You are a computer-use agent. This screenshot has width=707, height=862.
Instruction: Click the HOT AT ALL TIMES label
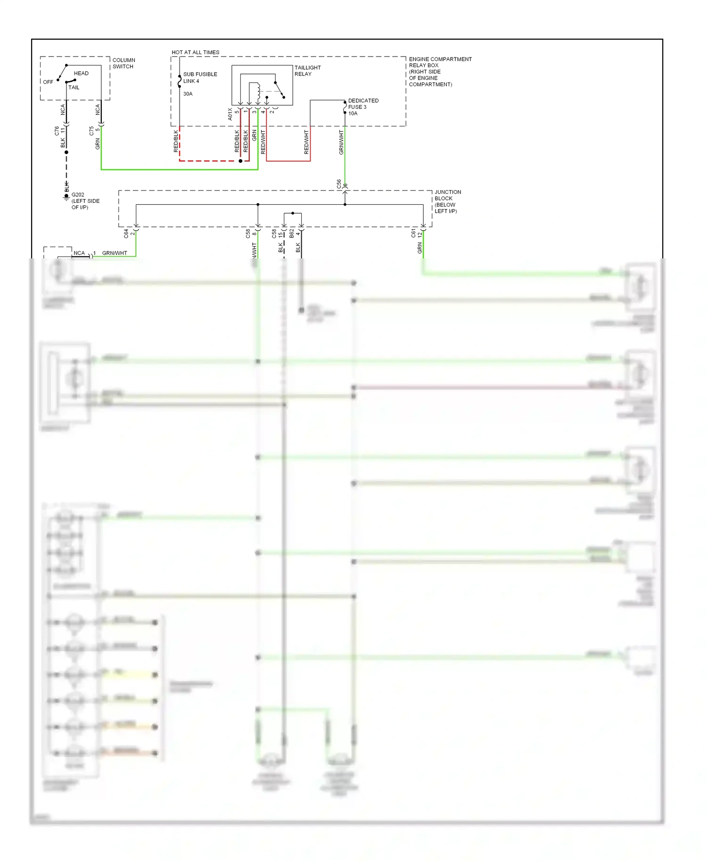195,52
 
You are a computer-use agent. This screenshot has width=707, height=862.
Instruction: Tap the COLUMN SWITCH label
123,63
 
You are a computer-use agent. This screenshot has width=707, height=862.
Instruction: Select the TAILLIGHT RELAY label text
307,71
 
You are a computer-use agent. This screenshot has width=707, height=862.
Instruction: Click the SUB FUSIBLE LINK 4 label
200,77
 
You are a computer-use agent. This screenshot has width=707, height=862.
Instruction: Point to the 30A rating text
188,94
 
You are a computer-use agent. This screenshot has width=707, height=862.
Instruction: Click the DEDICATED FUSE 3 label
363,104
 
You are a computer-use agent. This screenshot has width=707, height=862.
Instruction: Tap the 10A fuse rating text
353,113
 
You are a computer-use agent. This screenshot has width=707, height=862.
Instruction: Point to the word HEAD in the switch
81,73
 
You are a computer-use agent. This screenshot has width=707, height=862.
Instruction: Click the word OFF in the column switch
48,82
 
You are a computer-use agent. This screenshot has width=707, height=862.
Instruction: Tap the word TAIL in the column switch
74,87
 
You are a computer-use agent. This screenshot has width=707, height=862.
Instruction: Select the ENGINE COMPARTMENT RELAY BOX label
439,72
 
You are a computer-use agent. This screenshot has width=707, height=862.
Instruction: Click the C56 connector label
339,184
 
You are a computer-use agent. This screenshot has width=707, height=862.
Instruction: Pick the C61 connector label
413,233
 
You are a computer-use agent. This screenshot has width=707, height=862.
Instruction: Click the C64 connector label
126,233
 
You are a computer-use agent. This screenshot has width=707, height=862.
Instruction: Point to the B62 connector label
291,233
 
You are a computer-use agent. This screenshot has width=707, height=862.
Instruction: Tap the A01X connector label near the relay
230,114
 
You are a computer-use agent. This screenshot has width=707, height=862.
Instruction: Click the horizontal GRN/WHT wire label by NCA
115,253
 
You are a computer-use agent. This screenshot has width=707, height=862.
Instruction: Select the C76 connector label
57,131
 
